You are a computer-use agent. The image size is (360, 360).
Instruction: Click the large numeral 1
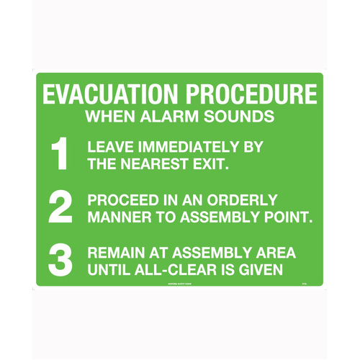[59, 156]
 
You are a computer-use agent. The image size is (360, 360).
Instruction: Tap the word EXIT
[211, 165]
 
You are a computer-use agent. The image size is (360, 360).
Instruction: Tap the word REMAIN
[115, 253]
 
